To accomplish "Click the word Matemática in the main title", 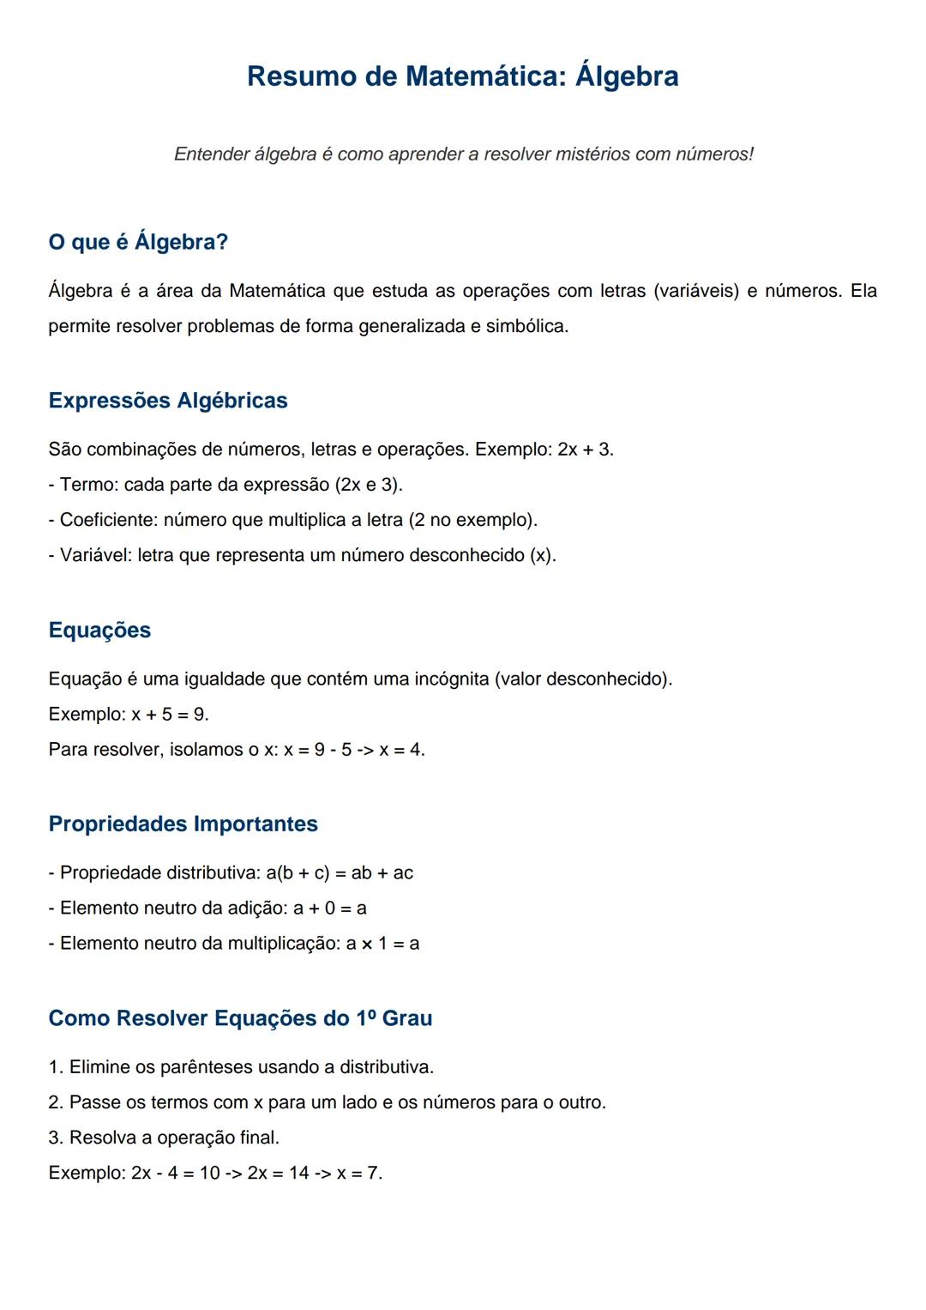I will pyautogui.click(x=485, y=76).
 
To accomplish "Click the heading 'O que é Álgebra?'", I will pyautogui.click(x=138, y=242).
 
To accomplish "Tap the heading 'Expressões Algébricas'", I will pyautogui.click(x=168, y=401).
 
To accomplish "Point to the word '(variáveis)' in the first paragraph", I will pyautogui.click(x=695, y=291).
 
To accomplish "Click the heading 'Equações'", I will pyautogui.click(x=99, y=630).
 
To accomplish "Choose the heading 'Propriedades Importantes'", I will pyautogui.click(x=183, y=824).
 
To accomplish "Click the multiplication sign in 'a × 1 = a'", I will pyautogui.click(x=367, y=944).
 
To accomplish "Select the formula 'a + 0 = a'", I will pyautogui.click(x=330, y=909).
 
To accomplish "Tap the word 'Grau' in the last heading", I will pyautogui.click(x=407, y=1018).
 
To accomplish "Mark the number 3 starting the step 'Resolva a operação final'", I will pyautogui.click(x=55, y=1138).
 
